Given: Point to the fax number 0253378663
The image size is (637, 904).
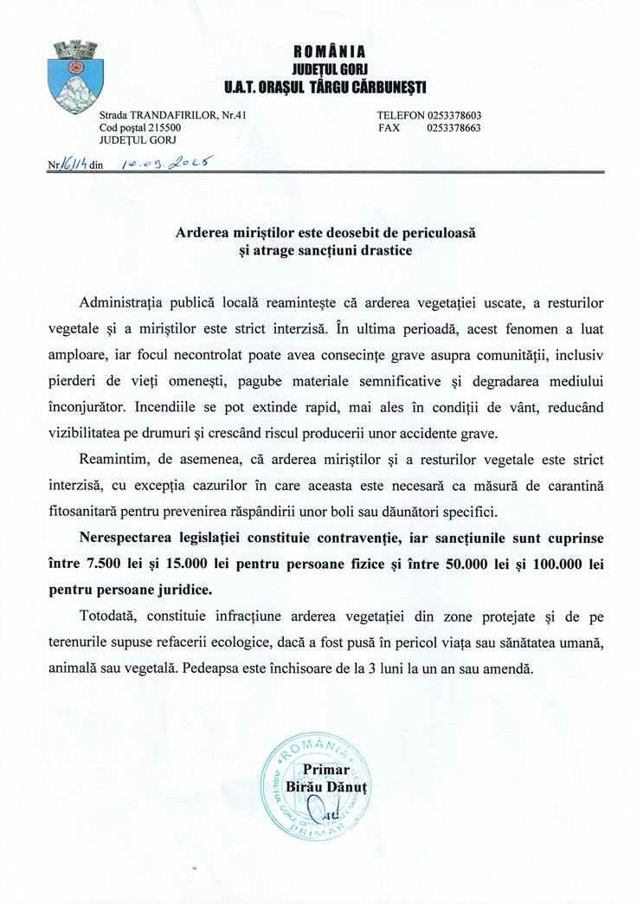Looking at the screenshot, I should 454,128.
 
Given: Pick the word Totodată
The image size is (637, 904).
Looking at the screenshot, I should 108,616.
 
